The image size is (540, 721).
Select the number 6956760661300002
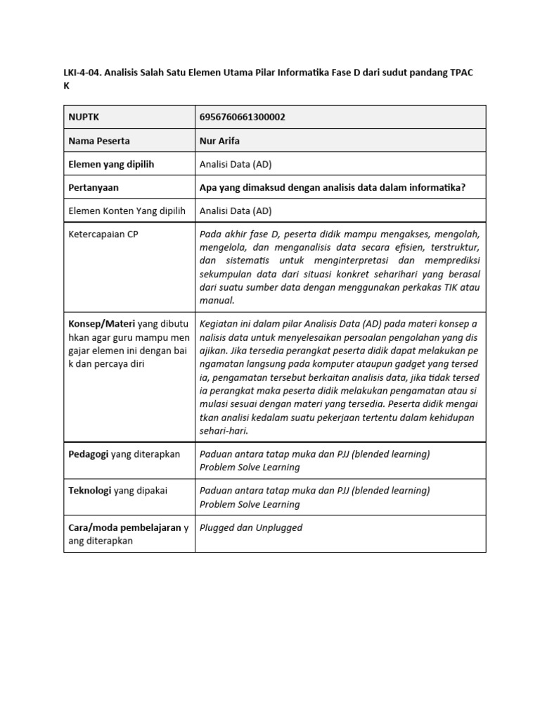[243, 117]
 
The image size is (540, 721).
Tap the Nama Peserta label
[99, 141]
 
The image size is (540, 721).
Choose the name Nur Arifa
[219, 141]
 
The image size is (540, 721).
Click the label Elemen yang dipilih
[111, 164]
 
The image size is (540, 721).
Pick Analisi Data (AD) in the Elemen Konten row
[236, 211]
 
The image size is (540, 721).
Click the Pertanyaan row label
[94, 187]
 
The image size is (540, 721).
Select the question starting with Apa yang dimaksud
[333, 187]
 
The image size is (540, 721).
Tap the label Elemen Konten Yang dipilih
[126, 211]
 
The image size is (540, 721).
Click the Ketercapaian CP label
[103, 234]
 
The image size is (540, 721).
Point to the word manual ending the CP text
[217, 301]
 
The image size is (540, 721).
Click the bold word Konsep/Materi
[101, 324]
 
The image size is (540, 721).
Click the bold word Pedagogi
[88, 454]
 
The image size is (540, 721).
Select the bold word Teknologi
[90, 491]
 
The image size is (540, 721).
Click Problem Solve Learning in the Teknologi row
[250, 504]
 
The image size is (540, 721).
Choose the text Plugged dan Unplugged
[251, 527]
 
